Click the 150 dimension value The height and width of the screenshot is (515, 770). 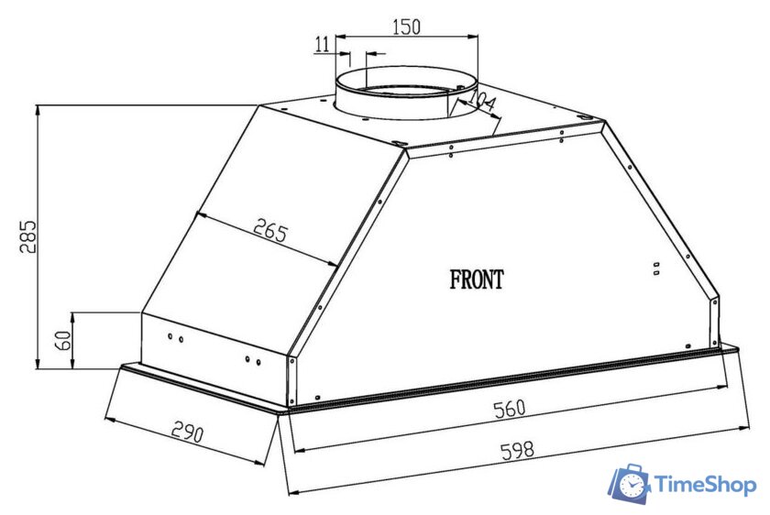click(x=407, y=27)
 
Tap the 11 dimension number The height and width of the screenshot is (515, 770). click(x=322, y=44)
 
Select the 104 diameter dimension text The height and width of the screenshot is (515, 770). click(x=481, y=102)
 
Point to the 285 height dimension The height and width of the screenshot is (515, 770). click(x=28, y=236)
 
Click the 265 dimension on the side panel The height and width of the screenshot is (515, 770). click(x=270, y=230)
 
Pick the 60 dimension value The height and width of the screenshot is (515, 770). click(x=64, y=340)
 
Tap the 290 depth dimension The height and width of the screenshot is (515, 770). click(x=187, y=432)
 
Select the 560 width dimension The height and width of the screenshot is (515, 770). click(x=510, y=409)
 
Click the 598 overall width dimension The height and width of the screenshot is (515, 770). click(x=517, y=450)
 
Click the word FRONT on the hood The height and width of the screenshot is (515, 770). click(x=477, y=279)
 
